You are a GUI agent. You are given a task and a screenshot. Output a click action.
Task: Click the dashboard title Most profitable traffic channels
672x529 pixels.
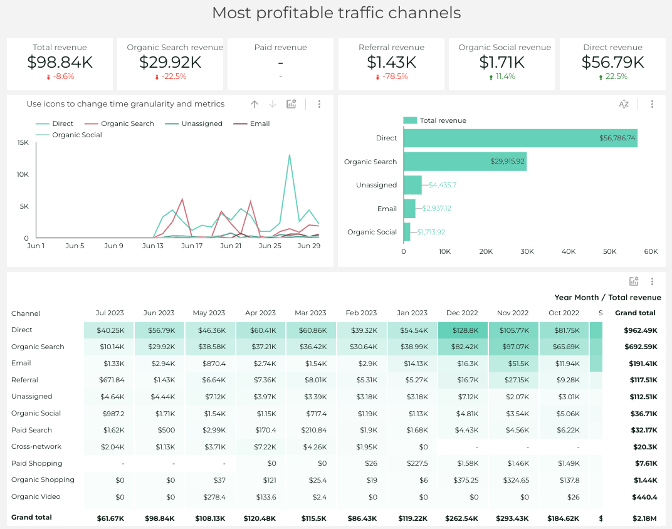tap(336, 13)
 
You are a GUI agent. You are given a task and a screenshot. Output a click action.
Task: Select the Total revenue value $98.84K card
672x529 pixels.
tap(60, 62)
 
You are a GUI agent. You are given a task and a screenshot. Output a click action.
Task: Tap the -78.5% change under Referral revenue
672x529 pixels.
tap(392, 76)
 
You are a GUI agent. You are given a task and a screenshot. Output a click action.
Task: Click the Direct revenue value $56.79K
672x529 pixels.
tap(612, 62)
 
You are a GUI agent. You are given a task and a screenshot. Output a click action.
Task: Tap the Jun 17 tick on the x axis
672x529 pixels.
tap(192, 246)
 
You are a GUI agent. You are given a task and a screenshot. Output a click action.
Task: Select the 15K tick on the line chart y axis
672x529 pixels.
tap(23, 142)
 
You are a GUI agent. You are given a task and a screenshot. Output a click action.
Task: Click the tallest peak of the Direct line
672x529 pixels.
tap(290, 155)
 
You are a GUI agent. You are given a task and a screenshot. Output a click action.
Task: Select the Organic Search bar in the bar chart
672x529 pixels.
tap(465, 162)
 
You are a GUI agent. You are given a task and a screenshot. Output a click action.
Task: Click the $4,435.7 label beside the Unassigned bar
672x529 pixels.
tap(443, 185)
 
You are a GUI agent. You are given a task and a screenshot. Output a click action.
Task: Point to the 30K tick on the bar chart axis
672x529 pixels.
tap(527, 251)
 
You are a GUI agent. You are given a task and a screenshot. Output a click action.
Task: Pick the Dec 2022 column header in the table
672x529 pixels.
tap(461, 313)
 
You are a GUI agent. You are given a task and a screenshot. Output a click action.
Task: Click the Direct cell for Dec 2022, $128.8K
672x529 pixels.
tap(463, 330)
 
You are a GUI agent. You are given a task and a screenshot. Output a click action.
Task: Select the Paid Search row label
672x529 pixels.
tap(31, 430)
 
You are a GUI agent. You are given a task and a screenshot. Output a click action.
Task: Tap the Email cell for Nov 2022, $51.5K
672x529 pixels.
tap(513, 364)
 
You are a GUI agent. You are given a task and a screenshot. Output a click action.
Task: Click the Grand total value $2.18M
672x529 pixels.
tap(644, 518)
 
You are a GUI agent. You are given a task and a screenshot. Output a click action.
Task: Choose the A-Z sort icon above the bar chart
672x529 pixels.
tap(624, 105)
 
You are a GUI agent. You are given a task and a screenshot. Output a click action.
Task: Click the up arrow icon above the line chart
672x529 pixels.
tap(254, 105)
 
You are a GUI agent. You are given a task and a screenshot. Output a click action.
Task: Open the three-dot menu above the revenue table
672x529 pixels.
tap(652, 281)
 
